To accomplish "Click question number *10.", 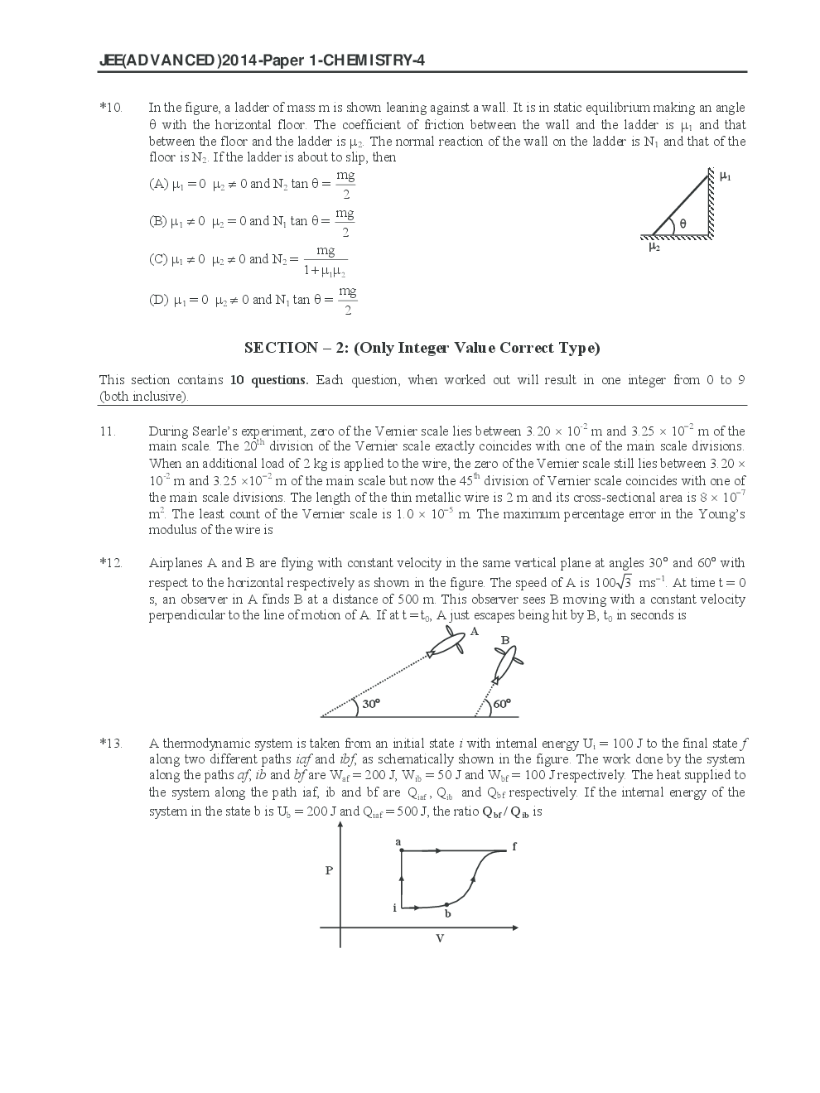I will tap(111, 107).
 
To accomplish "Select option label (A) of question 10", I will tap(158, 184).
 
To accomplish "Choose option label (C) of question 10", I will tap(158, 259).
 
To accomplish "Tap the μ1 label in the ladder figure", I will tap(726, 176).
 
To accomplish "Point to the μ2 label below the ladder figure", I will tap(654, 246).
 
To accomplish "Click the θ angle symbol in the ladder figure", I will tap(683, 223).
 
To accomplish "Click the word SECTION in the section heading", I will tap(281, 348).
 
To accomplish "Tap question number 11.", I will tap(108, 431).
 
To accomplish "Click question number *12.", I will tap(111, 563).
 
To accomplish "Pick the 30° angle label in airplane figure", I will tap(370, 704).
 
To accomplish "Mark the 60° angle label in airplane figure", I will tap(502, 704).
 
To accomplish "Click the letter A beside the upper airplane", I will tap(475, 631).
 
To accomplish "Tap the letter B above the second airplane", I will tap(504, 640).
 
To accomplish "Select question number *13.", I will tap(111, 743).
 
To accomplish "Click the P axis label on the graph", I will tap(329, 870).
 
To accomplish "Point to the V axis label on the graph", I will tap(440, 938).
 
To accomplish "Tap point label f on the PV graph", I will tap(514, 846).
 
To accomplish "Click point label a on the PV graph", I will tap(398, 841).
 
